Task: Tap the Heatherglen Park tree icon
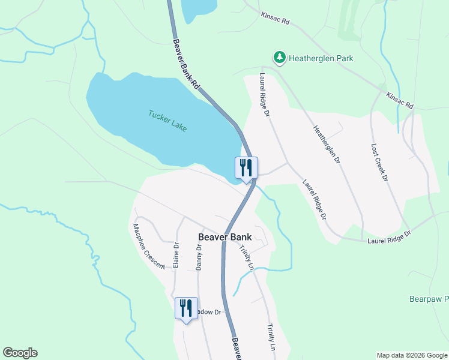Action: [280, 58]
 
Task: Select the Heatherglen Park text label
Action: [321, 58]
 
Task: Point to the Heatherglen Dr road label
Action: [327, 145]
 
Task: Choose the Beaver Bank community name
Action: [224, 237]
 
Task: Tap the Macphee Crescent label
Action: [148, 247]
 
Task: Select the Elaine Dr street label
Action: [176, 255]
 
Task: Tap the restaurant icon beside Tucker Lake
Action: [246, 168]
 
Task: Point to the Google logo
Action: [20, 353]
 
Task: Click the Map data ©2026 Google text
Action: [412, 355]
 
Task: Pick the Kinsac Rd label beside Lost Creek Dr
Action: [400, 100]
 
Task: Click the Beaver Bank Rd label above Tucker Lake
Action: [185, 65]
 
